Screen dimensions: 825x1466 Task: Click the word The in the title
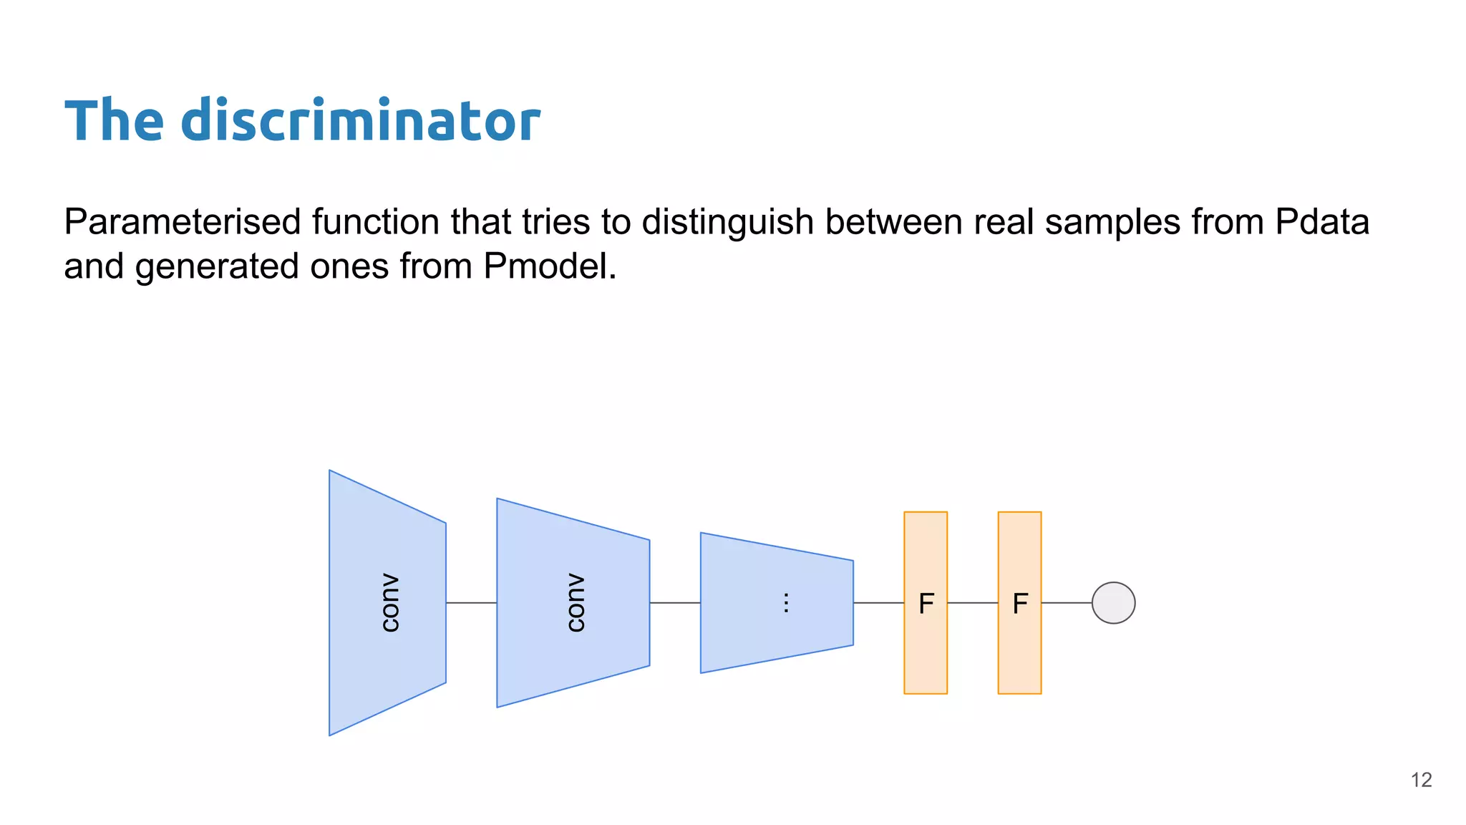[x=115, y=121]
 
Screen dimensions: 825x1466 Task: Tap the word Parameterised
[x=182, y=222]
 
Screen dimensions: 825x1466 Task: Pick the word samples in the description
[x=1112, y=222]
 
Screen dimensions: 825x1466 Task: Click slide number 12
[x=1421, y=780]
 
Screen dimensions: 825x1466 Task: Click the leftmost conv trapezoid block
[x=387, y=603]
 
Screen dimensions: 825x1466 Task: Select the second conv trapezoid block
[x=573, y=603]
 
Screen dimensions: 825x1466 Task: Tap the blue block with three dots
[x=777, y=603]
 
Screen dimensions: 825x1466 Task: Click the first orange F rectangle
[x=926, y=603]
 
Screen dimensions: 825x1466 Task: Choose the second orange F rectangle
[x=1019, y=603]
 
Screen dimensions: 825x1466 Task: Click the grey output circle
[x=1113, y=603]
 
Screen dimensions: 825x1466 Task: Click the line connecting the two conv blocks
[x=471, y=603]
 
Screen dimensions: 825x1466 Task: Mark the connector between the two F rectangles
[x=973, y=603]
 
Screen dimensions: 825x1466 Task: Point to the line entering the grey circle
[x=1067, y=603]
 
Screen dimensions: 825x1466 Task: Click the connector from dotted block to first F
[x=878, y=603]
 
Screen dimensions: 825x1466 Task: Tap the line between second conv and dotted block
[x=675, y=603]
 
